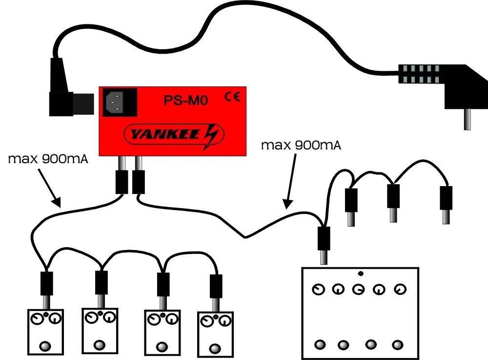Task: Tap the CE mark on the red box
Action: [232, 97]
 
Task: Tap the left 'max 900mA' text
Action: [48, 160]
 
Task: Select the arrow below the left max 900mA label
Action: [49, 186]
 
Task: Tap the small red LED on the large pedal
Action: [360, 274]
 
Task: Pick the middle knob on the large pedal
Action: [358, 289]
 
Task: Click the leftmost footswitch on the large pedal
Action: [320, 344]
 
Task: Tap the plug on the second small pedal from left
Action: [101, 285]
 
